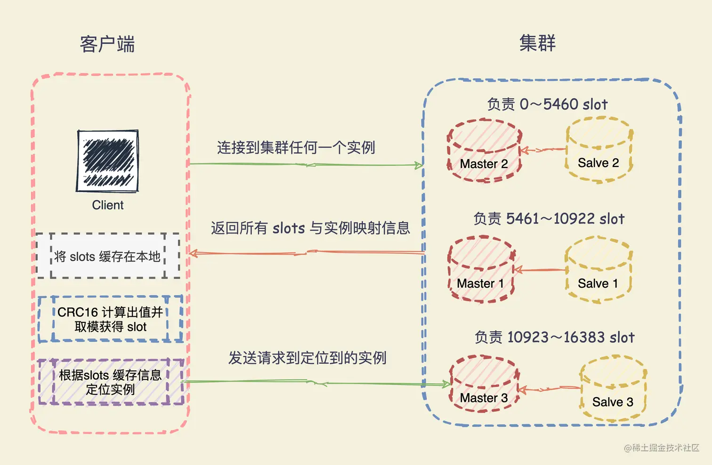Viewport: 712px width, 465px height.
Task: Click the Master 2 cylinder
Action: coord(484,151)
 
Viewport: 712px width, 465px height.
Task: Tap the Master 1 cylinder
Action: coord(481,270)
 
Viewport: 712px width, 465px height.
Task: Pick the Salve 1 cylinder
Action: coord(598,270)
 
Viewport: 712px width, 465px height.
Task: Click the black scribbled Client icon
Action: coord(108,161)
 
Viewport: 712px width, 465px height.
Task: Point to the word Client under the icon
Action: coord(108,205)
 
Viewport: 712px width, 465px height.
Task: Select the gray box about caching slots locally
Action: coord(108,256)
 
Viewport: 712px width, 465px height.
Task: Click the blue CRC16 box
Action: coord(110,319)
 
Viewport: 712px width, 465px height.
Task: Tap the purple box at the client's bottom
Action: coord(111,382)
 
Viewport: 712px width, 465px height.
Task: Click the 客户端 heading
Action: coord(107,44)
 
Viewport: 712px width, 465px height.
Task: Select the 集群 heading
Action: coord(537,43)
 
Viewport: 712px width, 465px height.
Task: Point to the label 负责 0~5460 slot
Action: coord(547,104)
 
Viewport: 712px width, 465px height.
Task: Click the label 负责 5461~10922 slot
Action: coord(549,219)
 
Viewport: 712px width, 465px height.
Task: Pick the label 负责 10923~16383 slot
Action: coord(554,337)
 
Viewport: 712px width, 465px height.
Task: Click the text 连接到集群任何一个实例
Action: coord(296,148)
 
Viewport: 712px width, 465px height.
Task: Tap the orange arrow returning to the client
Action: coord(306,253)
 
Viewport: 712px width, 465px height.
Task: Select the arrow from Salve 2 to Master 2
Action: coord(543,150)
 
